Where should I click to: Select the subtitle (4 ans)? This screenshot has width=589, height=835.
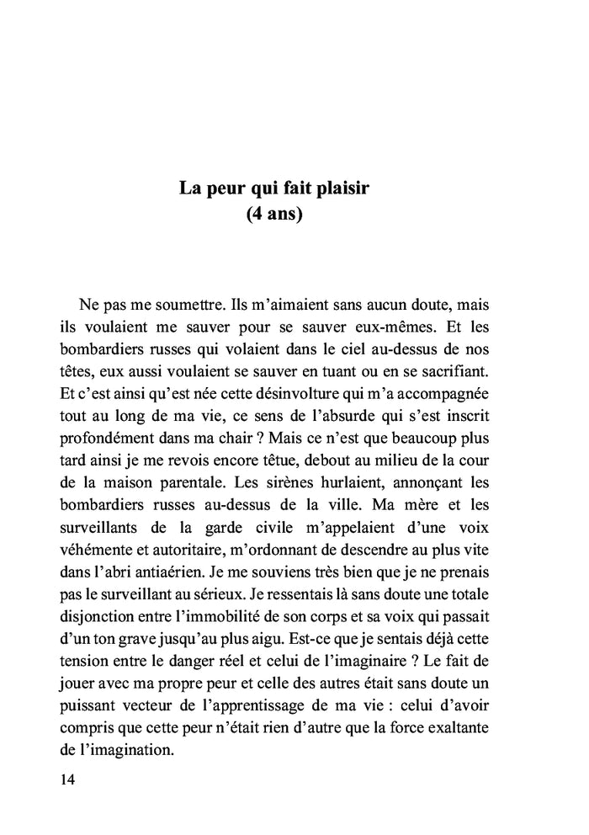coord(274,215)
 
